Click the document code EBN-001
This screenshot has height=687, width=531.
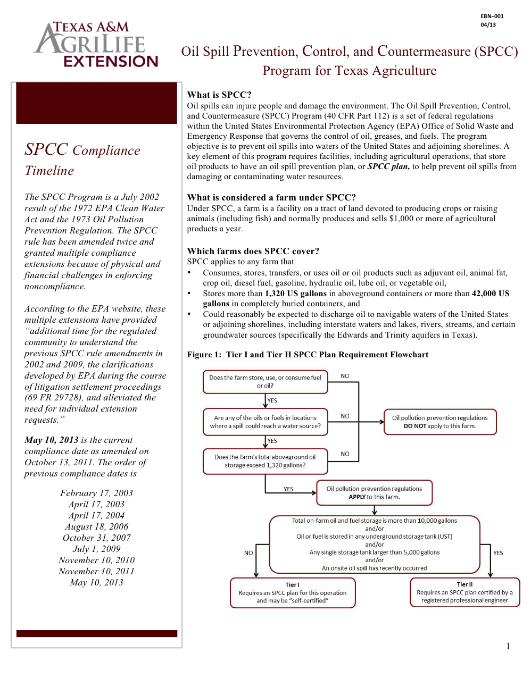[x=492, y=16]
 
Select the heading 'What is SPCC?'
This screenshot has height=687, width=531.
[x=219, y=95]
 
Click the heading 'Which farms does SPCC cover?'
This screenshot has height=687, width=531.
[x=253, y=251]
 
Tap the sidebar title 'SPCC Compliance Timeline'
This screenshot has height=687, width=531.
[x=82, y=160]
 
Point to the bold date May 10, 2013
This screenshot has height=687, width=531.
[x=52, y=440]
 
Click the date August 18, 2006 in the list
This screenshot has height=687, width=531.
[x=96, y=526]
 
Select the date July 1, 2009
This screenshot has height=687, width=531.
[x=96, y=549]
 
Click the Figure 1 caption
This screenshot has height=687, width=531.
[x=308, y=355]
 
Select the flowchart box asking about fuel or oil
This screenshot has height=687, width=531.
[x=265, y=382]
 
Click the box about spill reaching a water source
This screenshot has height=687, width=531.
[x=265, y=422]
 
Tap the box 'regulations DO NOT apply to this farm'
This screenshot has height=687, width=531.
[x=440, y=422]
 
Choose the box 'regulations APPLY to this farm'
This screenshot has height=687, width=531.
[x=374, y=492]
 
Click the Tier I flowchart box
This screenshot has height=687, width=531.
[x=292, y=592]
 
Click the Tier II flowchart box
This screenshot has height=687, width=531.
[x=464, y=592]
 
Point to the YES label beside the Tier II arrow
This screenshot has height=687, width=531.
[x=498, y=553]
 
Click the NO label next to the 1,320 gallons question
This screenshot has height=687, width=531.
[x=345, y=454]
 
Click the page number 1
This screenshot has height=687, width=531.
[x=508, y=646]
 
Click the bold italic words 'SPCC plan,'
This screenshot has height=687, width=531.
[x=388, y=166]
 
